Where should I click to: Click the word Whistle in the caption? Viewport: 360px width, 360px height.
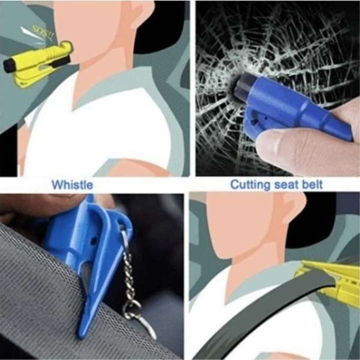[x=73, y=185]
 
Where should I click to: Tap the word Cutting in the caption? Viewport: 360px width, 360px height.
[x=250, y=185]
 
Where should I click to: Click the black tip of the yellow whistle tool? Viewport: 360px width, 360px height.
[x=8, y=65]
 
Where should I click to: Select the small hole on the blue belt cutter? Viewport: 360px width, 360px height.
[x=94, y=240]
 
